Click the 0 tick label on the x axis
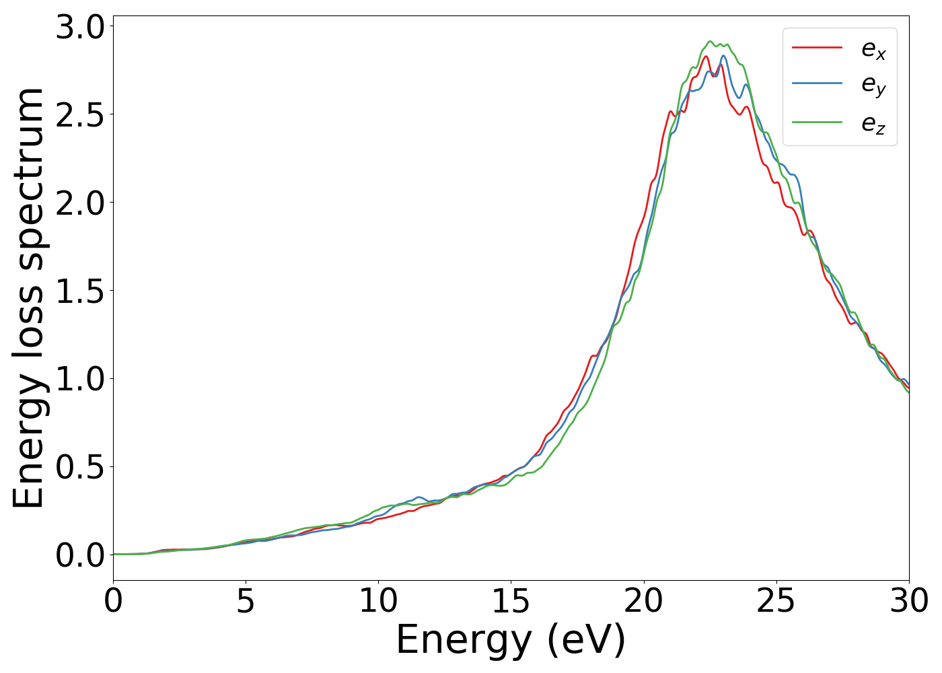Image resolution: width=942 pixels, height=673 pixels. click(113, 601)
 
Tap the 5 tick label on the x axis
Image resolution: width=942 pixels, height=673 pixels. click(246, 601)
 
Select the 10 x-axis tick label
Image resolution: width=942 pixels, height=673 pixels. click(378, 601)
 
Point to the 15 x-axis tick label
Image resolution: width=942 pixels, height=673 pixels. click(511, 601)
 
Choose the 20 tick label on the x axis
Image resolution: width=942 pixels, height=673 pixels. click(643, 601)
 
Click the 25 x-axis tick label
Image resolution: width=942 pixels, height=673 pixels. click(776, 601)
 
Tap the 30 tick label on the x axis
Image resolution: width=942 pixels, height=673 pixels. click(909, 601)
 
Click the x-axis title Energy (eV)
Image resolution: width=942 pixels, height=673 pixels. click(511, 640)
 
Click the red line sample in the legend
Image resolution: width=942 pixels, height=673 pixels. click(817, 48)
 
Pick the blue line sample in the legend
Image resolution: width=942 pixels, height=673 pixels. click(817, 84)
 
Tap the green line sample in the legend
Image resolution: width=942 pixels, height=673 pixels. click(817, 122)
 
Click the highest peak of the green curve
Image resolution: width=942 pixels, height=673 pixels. click(711, 41)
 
